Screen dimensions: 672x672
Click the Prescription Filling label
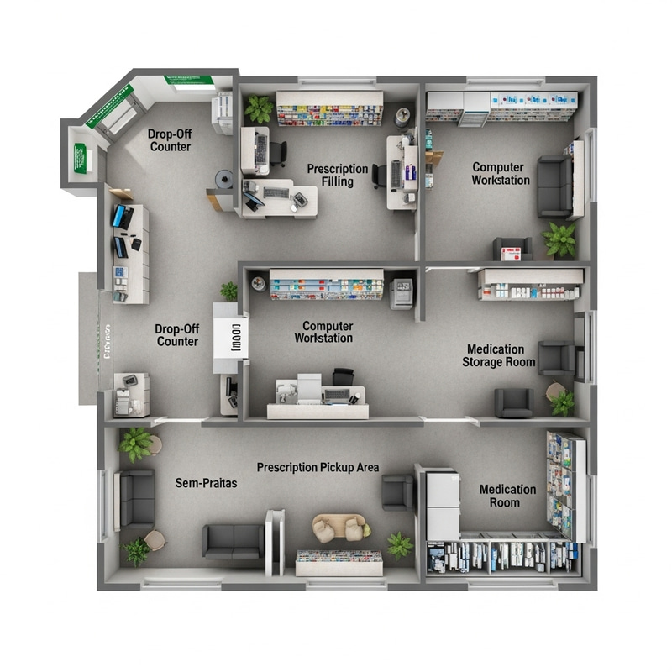(337, 176)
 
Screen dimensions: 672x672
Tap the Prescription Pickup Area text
(318, 467)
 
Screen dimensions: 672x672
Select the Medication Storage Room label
(498, 355)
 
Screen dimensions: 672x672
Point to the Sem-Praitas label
(207, 483)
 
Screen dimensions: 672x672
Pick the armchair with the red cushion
(512, 249)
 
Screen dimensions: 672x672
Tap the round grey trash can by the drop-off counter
(224, 178)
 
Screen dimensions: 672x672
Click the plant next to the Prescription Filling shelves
(260, 109)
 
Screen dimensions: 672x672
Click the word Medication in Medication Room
(507, 489)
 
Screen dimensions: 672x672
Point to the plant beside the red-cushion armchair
(559, 239)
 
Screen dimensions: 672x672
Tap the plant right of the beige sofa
(400, 545)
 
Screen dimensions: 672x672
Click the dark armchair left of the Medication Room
(397, 492)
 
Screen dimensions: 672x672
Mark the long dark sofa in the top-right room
(554, 186)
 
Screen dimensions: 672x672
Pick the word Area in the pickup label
(368, 467)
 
